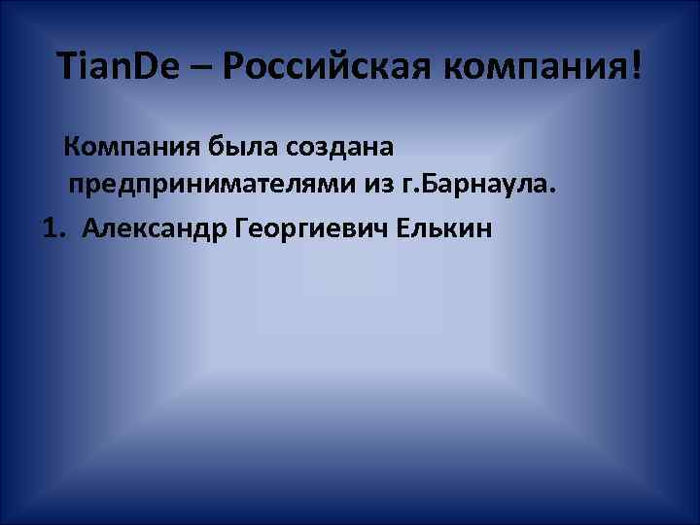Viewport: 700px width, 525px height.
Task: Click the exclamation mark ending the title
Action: click(636, 66)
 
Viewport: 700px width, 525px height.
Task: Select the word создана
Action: click(339, 148)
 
